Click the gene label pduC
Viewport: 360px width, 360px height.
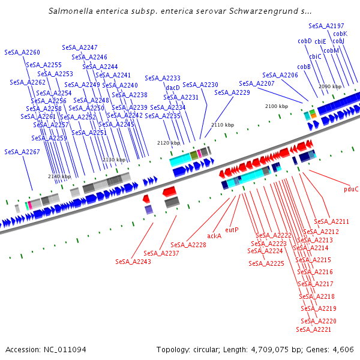point(351,189)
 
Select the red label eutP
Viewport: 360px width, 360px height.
point(232,230)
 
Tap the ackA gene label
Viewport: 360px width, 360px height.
point(214,236)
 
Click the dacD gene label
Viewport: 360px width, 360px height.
point(173,88)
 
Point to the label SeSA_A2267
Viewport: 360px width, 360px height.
point(22,152)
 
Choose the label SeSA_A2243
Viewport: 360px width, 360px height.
point(133,262)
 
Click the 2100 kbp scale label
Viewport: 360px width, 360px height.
point(277,106)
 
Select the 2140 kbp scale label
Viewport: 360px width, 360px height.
point(59,176)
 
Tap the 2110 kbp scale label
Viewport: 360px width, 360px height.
point(222,125)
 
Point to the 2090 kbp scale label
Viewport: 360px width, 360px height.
point(329,86)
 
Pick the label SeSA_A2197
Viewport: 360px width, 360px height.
point(326,26)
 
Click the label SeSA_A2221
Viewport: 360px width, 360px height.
point(314,329)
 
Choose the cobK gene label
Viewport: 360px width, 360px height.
point(340,34)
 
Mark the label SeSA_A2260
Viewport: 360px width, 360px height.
point(22,53)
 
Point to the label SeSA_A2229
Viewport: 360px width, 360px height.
point(232,92)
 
